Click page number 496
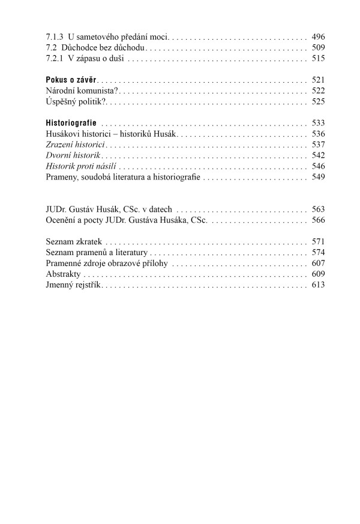point(318,37)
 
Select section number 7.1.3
point(55,37)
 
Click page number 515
point(318,58)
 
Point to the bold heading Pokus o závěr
point(71,80)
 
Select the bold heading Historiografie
point(71,123)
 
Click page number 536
point(318,134)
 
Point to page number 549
point(318,177)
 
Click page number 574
point(318,253)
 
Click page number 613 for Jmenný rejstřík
point(318,285)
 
